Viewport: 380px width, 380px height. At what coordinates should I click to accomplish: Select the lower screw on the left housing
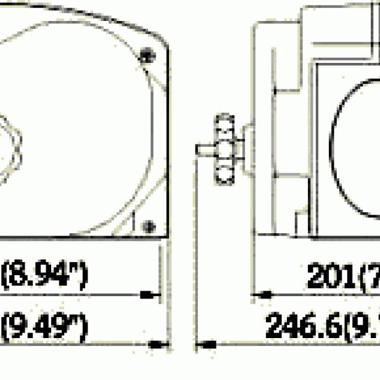click(147, 226)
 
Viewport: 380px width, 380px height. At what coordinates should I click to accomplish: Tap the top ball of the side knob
click(224, 123)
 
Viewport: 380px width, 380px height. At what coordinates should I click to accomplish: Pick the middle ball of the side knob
click(224, 149)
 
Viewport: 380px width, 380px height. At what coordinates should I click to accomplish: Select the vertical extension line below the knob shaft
click(196, 247)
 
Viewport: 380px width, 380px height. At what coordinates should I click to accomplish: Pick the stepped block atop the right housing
click(321, 31)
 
